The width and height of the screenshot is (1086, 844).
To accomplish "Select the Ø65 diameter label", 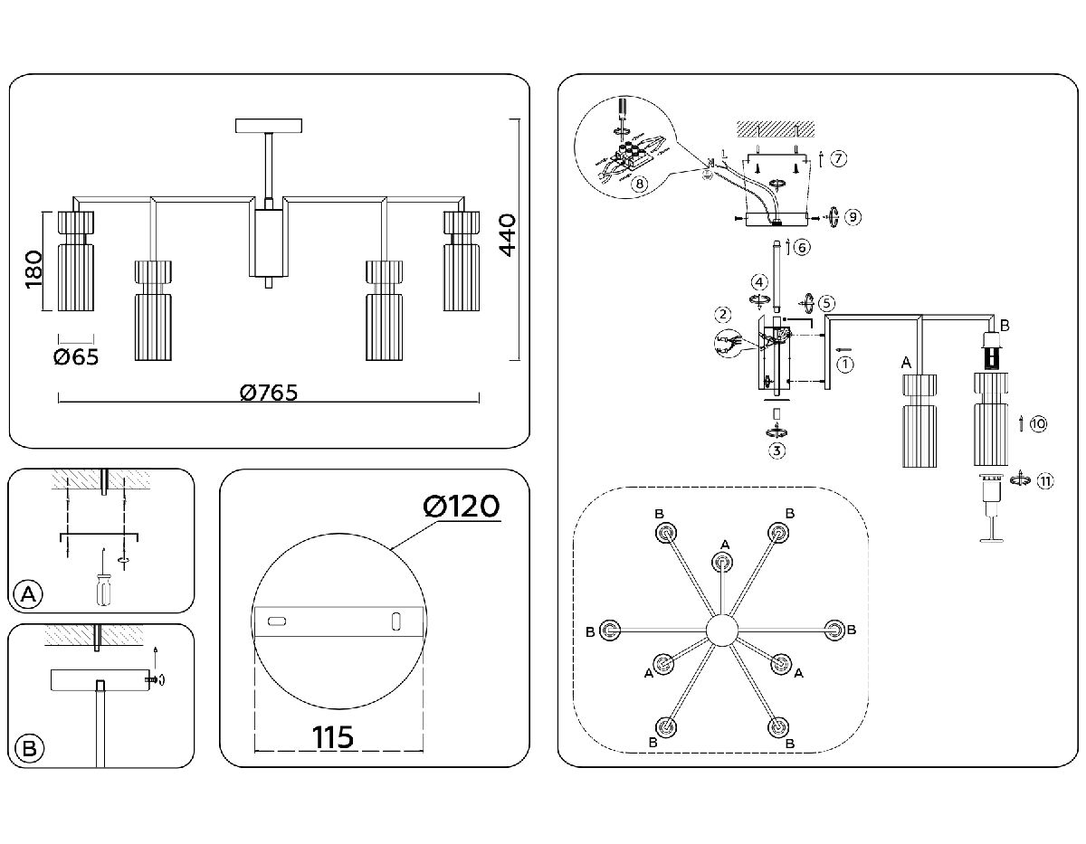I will click(x=76, y=356).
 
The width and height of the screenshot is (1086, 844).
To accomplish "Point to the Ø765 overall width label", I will click(x=269, y=393).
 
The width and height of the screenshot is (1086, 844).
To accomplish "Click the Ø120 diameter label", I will click(x=462, y=507).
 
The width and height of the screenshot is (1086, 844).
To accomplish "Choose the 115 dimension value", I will click(x=333, y=737).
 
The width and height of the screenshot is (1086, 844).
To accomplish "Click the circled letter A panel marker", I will click(x=30, y=594).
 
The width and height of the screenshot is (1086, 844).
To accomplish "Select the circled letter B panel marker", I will click(x=30, y=748).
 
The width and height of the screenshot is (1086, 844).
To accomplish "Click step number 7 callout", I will click(x=839, y=159).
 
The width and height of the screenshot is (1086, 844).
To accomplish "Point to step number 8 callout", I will click(x=640, y=184).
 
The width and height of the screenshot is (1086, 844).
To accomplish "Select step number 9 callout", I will click(x=850, y=217).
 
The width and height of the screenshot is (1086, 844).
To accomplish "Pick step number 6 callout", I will click(x=802, y=246).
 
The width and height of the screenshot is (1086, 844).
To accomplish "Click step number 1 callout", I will click(x=845, y=365).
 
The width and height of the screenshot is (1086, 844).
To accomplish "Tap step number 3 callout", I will click(x=776, y=450).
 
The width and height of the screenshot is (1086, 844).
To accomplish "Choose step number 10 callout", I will click(x=1038, y=422).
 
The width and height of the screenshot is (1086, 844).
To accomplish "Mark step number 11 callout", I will click(x=1045, y=480).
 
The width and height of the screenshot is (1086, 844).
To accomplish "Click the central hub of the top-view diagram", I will click(x=722, y=630).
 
